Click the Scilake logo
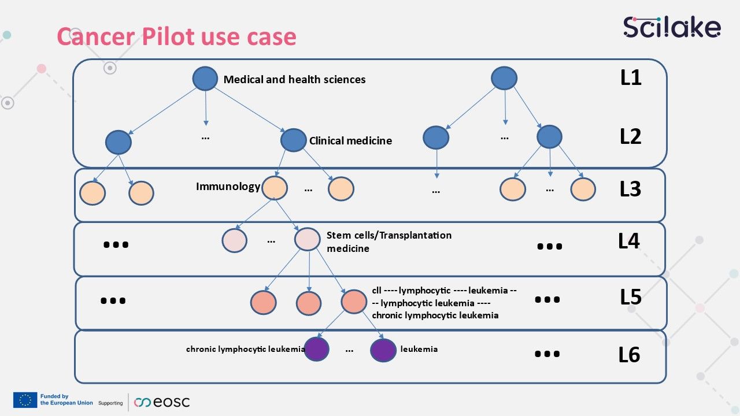(x=672, y=27)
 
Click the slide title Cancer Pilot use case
(x=176, y=36)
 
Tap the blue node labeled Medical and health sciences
(x=205, y=79)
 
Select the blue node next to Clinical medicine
(x=293, y=140)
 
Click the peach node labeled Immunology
(x=275, y=188)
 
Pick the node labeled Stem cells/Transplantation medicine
(x=307, y=240)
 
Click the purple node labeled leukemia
(x=383, y=350)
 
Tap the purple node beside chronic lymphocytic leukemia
(x=317, y=349)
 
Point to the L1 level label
(x=631, y=77)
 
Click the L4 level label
(x=629, y=241)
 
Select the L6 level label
(x=629, y=355)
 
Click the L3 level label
(x=630, y=189)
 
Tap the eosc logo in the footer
(x=162, y=402)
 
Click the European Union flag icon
(x=25, y=400)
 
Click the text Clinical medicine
(x=350, y=140)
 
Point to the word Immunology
(x=228, y=187)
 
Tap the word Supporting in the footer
(x=110, y=403)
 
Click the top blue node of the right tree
(x=504, y=78)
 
